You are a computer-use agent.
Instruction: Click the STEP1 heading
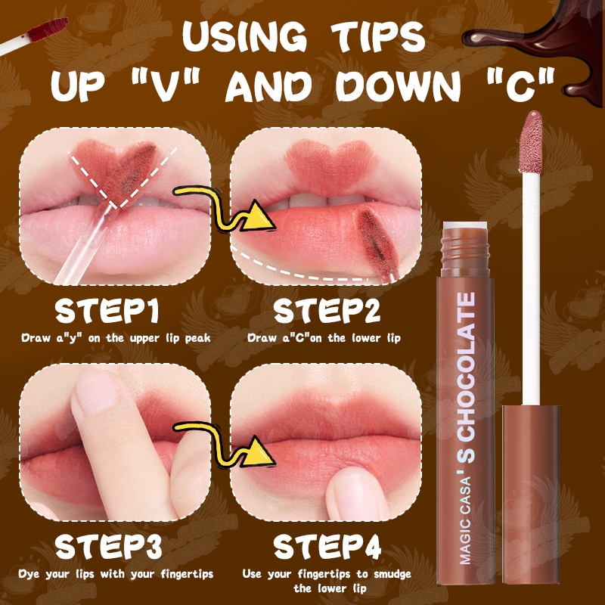[107, 311]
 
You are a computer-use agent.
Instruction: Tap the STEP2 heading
[327, 311]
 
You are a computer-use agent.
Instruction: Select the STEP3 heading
[108, 546]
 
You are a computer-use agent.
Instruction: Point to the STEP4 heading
[327, 546]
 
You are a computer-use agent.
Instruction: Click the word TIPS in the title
[378, 37]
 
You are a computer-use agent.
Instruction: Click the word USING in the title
[244, 37]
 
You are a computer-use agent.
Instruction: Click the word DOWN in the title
[398, 85]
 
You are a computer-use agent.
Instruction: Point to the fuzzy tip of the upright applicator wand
[531, 141]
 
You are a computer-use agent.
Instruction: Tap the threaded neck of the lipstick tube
[465, 252]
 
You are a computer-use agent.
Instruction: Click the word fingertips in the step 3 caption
[187, 574]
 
